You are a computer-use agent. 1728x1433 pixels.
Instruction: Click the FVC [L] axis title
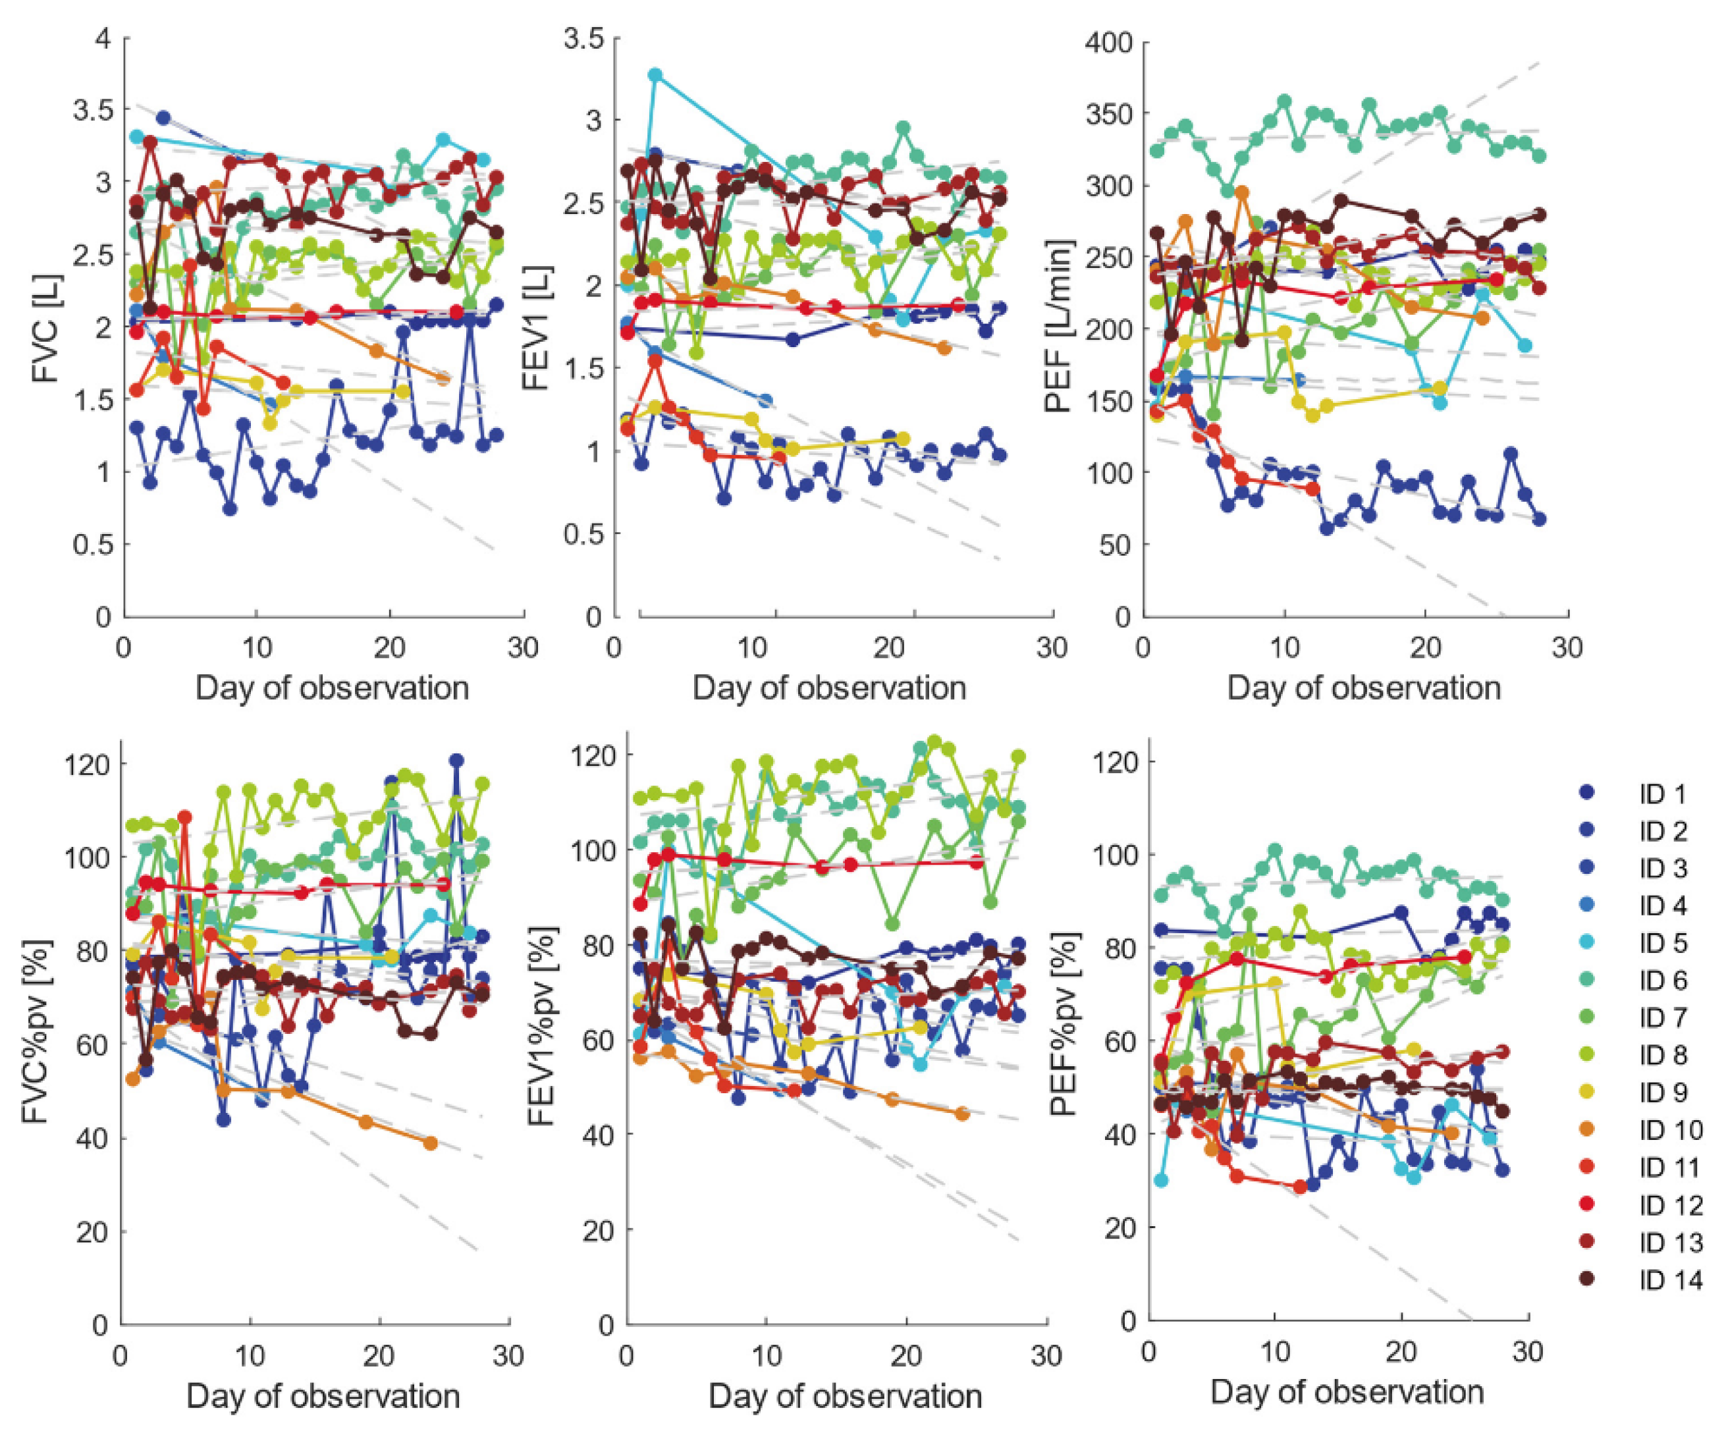47,326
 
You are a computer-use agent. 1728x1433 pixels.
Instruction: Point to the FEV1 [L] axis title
537,327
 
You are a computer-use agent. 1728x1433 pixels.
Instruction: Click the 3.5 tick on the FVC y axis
92,109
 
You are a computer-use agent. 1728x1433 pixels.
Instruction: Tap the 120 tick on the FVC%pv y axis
86,764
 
